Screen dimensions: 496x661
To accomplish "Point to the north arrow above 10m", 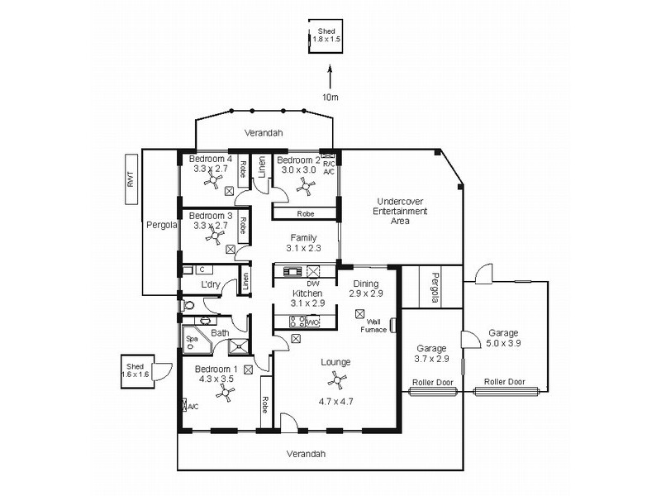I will pos(330,78).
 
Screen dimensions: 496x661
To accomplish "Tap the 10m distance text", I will pos(330,97).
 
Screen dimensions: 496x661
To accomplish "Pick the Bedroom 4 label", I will pos(211,159).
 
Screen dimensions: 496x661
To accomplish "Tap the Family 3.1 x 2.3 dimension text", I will pos(303,248).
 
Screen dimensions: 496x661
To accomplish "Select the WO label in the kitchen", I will pos(314,322).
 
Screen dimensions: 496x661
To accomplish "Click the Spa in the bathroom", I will pos(192,338).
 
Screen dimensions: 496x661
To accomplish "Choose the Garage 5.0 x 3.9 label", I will pos(503,337).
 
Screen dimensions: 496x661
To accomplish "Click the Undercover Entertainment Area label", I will pos(402,212).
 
